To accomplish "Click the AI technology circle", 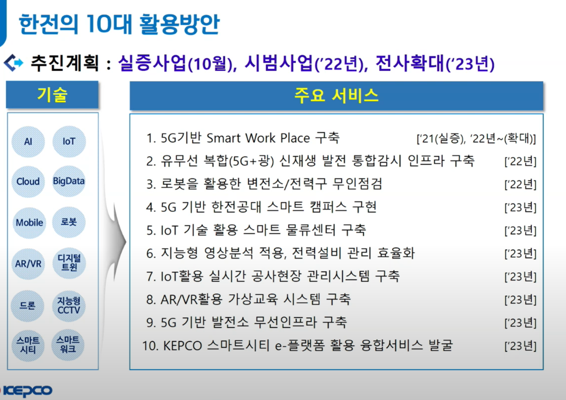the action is point(28,142).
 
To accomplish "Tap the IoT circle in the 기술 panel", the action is point(69,141).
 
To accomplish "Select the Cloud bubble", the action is point(28,181).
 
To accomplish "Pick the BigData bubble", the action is point(69,181).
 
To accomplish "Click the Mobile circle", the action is point(29,223).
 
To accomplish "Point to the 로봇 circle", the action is point(69,222).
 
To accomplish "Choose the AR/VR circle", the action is point(28,264).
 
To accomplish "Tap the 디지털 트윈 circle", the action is point(69,263).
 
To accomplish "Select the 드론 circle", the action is point(27,306).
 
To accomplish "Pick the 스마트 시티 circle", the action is point(28,345).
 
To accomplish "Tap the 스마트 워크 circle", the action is point(68,345).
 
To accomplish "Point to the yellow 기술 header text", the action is point(52,95).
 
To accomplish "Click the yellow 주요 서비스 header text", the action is point(336,96).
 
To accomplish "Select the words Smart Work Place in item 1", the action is point(258,138).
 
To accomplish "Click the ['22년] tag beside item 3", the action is point(520,184).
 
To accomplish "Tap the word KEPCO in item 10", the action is point(183,346).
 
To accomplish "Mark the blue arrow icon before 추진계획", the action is point(13,62).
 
